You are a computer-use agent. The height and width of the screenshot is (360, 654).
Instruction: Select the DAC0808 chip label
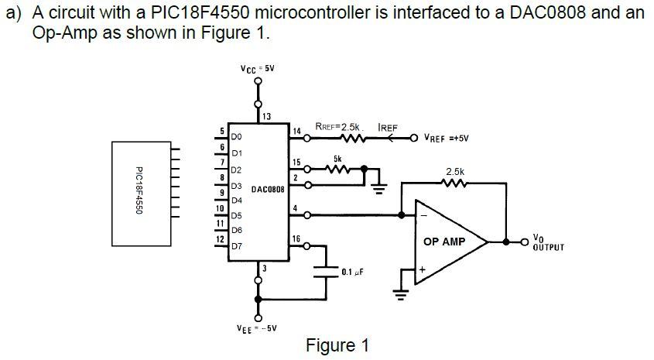[268, 188]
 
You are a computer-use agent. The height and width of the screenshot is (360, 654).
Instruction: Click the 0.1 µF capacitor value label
[352, 273]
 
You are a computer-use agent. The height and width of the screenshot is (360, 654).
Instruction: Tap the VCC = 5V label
[257, 69]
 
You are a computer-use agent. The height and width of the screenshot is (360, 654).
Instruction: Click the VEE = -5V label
[256, 328]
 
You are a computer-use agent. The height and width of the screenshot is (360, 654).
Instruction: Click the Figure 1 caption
[337, 345]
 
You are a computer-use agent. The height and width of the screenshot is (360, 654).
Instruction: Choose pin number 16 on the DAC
[296, 238]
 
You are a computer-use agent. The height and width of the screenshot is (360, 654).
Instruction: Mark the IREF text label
[387, 126]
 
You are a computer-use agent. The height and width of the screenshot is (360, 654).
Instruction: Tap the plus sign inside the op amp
[423, 269]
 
